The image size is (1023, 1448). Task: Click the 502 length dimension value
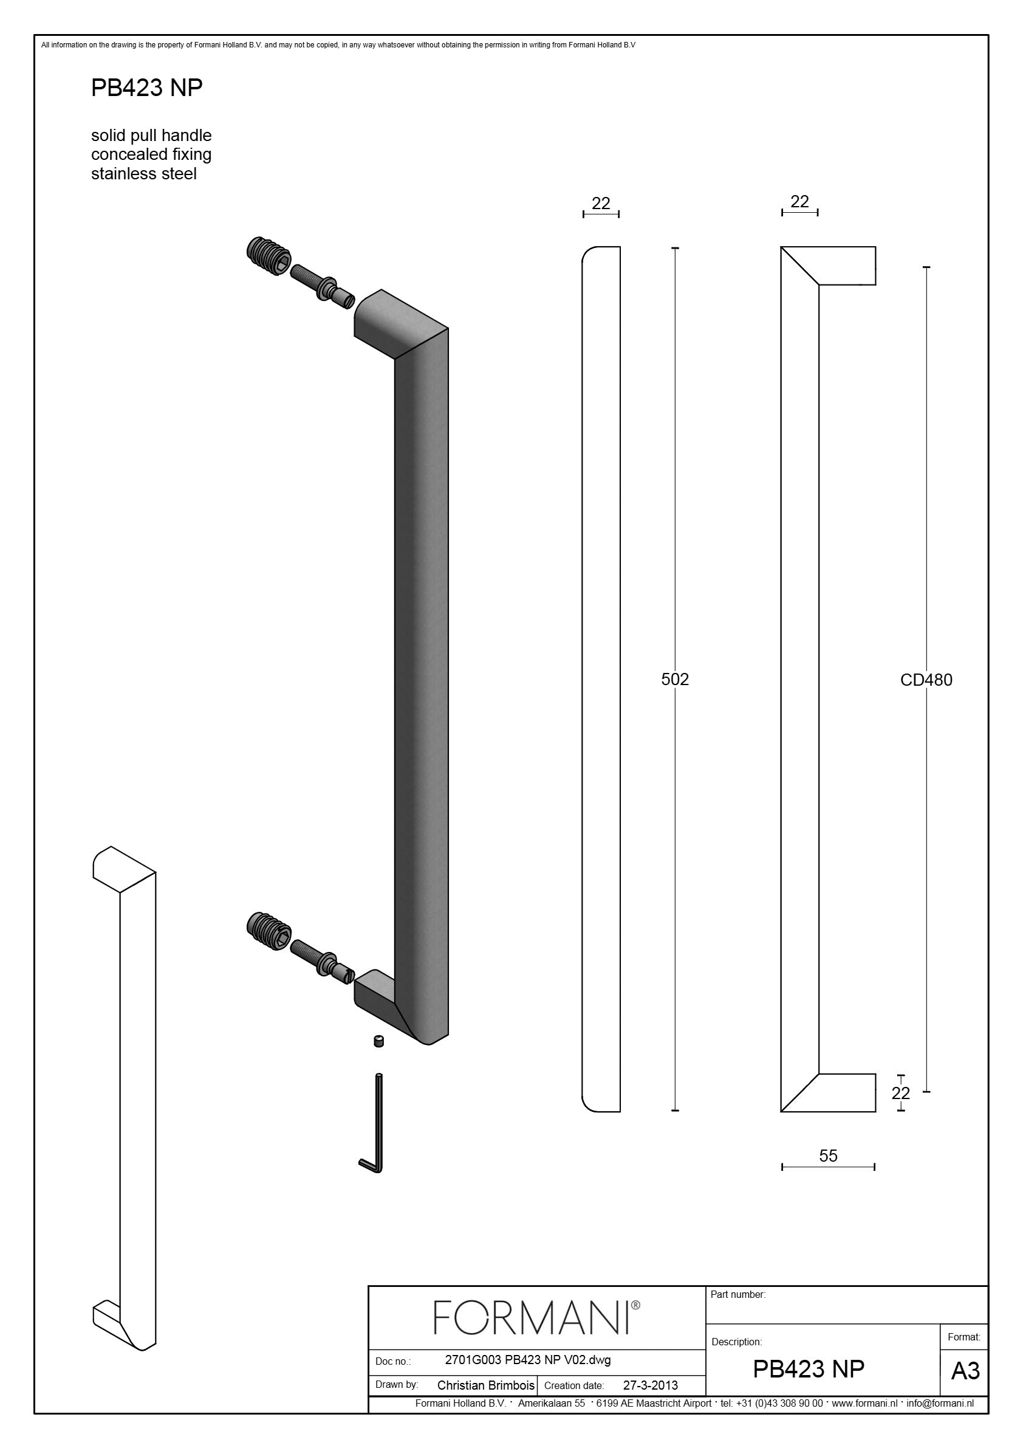coord(674,679)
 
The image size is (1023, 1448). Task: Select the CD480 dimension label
coord(926,680)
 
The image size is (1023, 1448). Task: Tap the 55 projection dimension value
coord(828,1156)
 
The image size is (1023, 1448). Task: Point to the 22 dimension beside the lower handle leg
coord(901,1093)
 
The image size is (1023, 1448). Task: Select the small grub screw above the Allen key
coord(378,1041)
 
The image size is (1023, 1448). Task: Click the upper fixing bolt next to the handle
coord(322,287)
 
